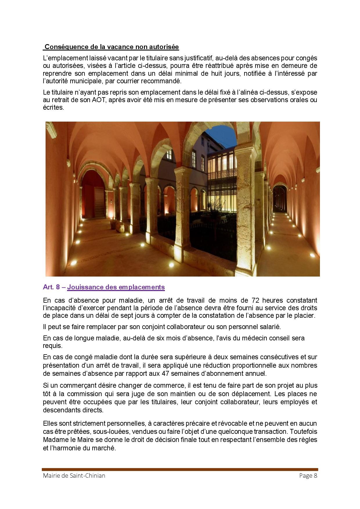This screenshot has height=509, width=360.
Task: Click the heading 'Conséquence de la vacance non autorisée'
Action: tap(112, 47)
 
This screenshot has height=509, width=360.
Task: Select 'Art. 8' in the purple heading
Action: tap(51, 287)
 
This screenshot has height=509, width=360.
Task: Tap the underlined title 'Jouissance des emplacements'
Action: tap(116, 287)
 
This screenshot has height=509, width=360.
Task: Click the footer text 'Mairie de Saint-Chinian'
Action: tap(74, 475)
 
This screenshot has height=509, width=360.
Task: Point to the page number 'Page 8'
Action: tap(308, 475)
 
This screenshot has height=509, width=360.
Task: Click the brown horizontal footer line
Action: tap(180, 469)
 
